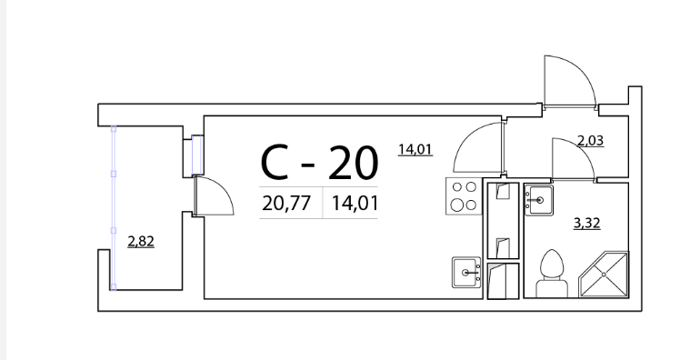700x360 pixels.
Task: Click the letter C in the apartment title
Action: (275, 163)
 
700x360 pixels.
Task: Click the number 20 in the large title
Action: (353, 163)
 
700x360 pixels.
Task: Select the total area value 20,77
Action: (286, 204)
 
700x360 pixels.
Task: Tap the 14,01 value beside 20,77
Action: (355, 204)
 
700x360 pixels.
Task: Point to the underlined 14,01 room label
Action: (415, 149)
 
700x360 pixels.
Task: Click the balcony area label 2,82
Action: (141, 242)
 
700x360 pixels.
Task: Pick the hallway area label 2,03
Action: (590, 141)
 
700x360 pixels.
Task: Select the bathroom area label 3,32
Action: (586, 223)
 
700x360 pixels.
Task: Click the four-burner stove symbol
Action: (464, 195)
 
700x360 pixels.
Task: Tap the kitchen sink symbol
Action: (466, 272)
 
